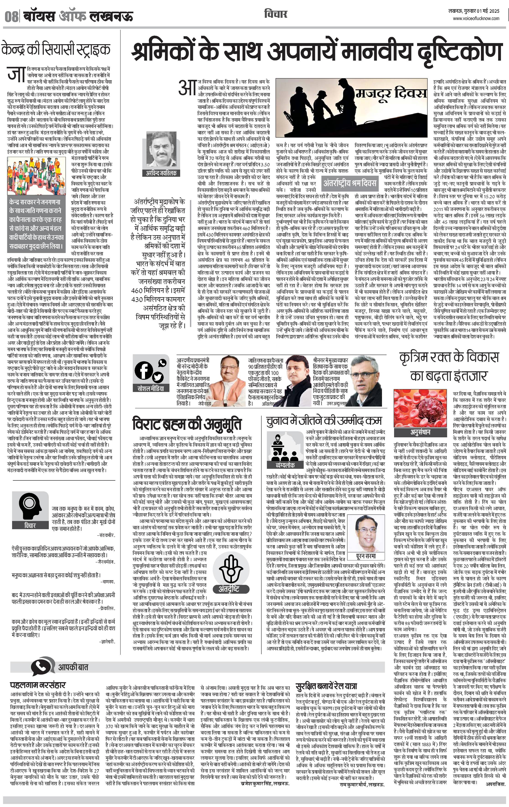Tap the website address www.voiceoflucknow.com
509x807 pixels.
[x=476, y=19]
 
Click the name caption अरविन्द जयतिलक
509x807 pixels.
[x=161, y=173]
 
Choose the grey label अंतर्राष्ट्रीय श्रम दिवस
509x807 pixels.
[x=350, y=183]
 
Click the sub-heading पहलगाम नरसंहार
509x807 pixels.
[x=38, y=684]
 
